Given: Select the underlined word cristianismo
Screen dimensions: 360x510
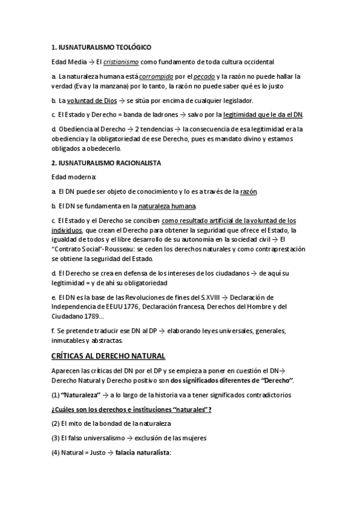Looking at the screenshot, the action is pos(121,62).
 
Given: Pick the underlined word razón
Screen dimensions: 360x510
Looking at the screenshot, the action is pos(248,192).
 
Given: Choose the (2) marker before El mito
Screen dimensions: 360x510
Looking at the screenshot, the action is pos(56,424).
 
